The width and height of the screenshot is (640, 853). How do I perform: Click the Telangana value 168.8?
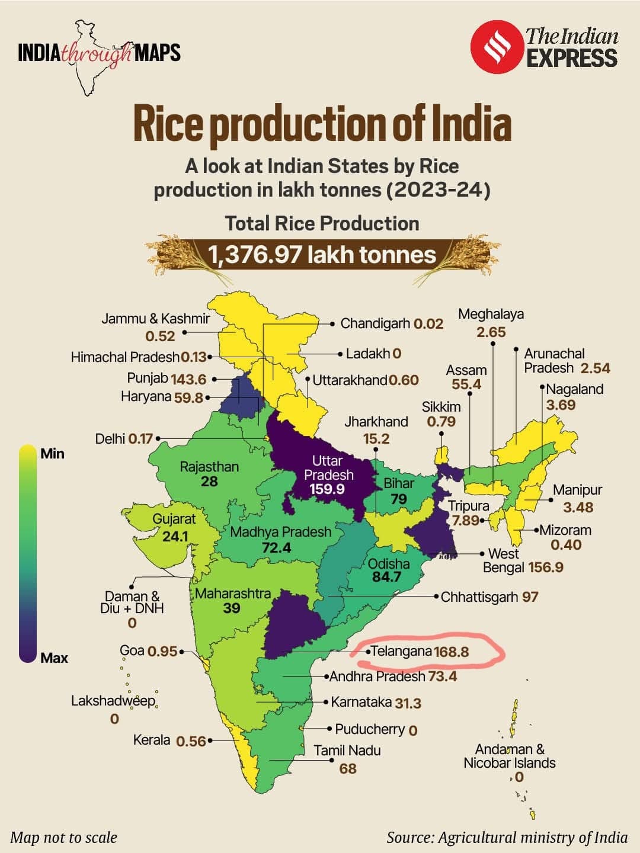tap(451, 652)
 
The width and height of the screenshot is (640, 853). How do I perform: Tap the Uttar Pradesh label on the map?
tap(328, 467)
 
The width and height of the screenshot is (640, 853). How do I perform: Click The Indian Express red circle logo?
tap(496, 47)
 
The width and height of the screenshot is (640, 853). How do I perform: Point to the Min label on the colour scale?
tap(52, 454)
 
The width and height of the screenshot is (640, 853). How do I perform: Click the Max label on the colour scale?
tap(54, 658)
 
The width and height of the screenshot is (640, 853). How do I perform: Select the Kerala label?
tap(152, 740)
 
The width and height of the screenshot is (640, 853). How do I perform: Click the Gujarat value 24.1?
tap(175, 536)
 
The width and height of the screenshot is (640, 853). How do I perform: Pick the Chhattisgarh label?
tap(479, 597)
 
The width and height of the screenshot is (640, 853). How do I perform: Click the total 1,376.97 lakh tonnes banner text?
tap(322, 255)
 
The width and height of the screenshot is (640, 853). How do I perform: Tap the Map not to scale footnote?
tap(64, 837)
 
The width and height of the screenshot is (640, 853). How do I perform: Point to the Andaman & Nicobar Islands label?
tap(510, 756)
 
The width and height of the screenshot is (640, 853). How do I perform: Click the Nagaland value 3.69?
tap(561, 405)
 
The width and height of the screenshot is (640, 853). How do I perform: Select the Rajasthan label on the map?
tap(209, 467)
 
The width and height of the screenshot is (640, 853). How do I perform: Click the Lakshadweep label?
tap(113, 701)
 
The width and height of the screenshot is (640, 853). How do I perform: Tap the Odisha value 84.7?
tap(386, 576)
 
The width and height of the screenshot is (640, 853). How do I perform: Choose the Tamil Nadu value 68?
tap(348, 769)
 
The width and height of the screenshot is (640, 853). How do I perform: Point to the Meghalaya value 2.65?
tap(491, 332)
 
